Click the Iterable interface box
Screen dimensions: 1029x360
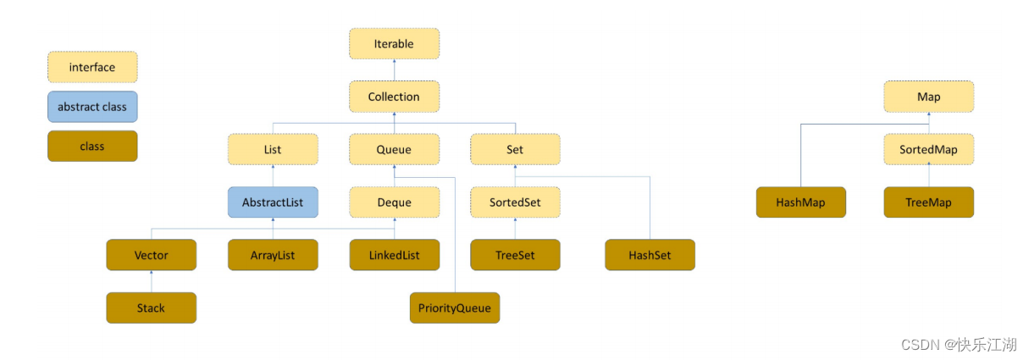tap(394, 43)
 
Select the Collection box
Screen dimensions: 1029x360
tap(394, 97)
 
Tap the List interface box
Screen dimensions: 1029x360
tap(273, 149)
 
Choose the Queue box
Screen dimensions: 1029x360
tap(394, 149)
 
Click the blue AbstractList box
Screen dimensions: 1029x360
tap(273, 202)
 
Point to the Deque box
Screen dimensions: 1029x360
tap(394, 202)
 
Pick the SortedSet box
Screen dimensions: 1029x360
tap(516, 202)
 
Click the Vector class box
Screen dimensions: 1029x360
tap(151, 255)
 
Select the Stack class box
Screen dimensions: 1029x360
tap(151, 307)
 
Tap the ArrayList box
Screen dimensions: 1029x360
tap(273, 255)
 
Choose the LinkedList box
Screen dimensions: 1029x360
tap(394, 255)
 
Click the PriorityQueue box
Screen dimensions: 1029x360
tap(455, 307)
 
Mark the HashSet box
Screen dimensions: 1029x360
tap(650, 255)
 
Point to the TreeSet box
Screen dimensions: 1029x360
tap(516, 255)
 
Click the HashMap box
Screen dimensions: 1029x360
tap(800, 202)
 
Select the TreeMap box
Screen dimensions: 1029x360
tap(929, 202)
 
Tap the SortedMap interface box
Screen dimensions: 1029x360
tap(929, 149)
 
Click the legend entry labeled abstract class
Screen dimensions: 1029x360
tap(92, 107)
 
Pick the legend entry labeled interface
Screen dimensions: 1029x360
tap(92, 67)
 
